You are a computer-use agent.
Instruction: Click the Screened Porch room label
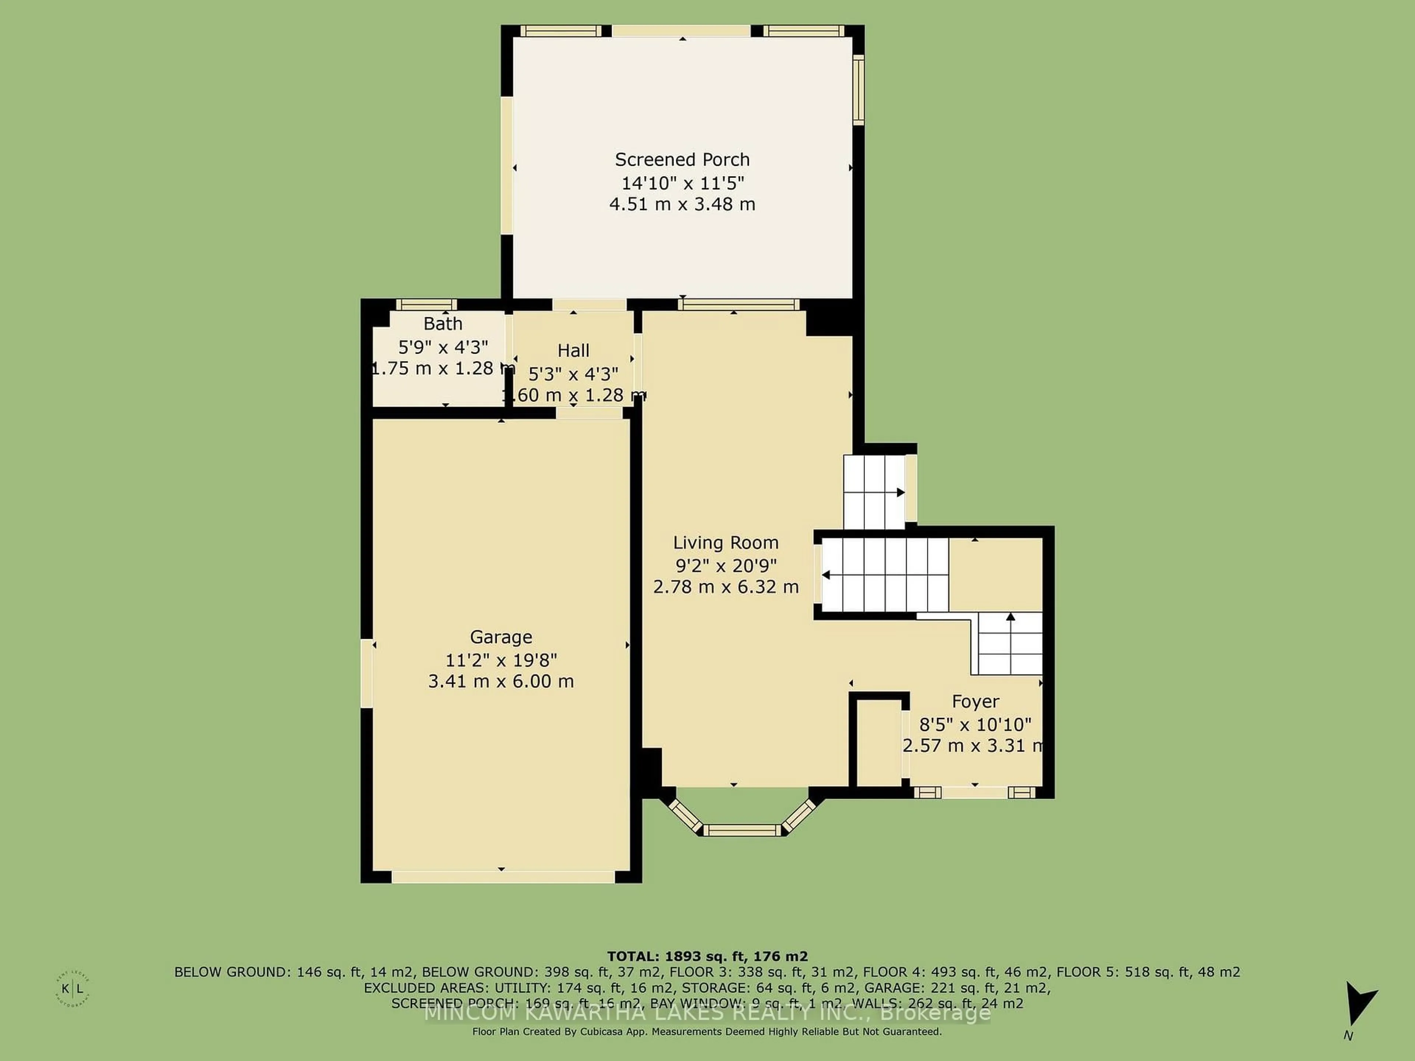tap(682, 159)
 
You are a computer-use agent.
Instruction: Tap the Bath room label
tap(443, 323)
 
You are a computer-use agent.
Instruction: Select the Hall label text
tap(573, 350)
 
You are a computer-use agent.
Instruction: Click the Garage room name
tap(501, 637)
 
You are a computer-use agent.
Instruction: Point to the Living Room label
tap(726, 543)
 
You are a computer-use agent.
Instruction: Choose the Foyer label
tap(975, 701)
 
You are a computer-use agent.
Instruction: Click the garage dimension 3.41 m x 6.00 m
tap(501, 681)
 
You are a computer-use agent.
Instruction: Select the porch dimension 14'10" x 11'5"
tap(682, 183)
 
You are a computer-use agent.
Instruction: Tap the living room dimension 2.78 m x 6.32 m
tap(726, 586)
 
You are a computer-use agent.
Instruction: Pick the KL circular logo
tap(72, 989)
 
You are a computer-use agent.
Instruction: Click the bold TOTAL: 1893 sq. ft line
tap(707, 956)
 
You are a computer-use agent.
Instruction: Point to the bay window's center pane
tap(743, 830)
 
